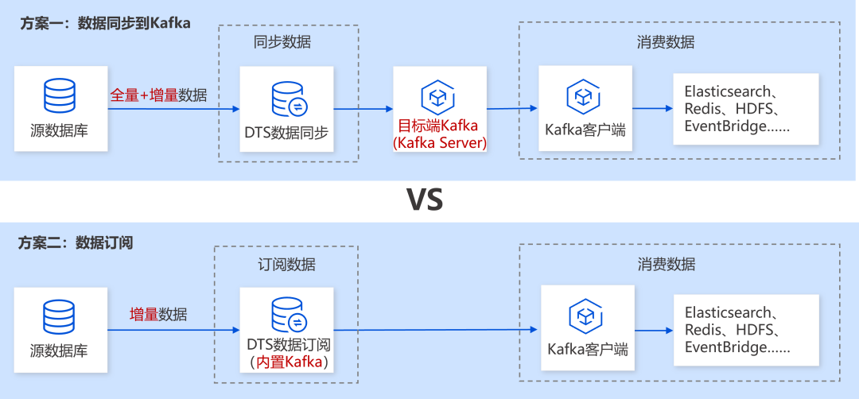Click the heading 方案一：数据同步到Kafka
pyautogui.click(x=105, y=23)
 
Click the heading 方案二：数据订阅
pyautogui.click(x=76, y=243)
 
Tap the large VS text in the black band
pyautogui.click(x=426, y=199)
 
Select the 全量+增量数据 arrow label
pyautogui.click(x=158, y=95)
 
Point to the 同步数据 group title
pyautogui.click(x=282, y=42)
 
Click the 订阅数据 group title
pyautogui.click(x=286, y=264)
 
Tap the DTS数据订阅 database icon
pyautogui.click(x=288, y=315)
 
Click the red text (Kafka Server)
pyautogui.click(x=440, y=142)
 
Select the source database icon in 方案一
pyautogui.click(x=60, y=95)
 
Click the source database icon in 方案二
pyautogui.click(x=60, y=316)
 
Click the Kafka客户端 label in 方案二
pyautogui.click(x=588, y=349)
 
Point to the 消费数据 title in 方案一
pyautogui.click(x=666, y=42)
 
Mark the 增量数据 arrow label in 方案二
pyautogui.click(x=158, y=314)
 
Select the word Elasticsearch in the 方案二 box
pyautogui.click(x=728, y=312)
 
